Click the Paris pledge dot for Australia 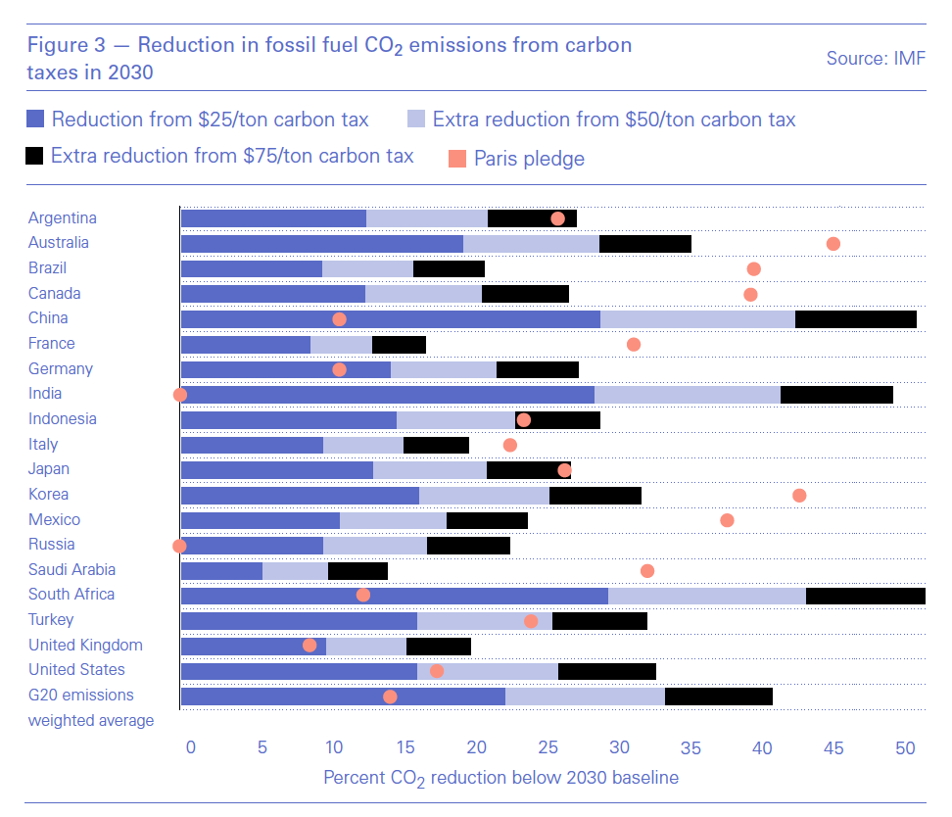click(x=833, y=244)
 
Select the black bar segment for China click(x=855, y=318)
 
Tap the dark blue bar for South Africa click(x=394, y=596)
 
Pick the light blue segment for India click(x=687, y=394)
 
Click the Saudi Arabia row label click(x=71, y=569)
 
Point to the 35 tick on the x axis click(x=691, y=747)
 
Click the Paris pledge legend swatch click(x=456, y=158)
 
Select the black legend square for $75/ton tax click(x=35, y=156)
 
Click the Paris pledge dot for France click(x=634, y=345)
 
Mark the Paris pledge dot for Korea click(x=799, y=496)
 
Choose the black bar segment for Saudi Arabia click(x=357, y=570)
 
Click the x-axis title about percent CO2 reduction click(x=500, y=777)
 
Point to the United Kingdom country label click(x=85, y=645)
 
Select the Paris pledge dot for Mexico click(x=727, y=520)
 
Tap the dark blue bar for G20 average click(x=343, y=697)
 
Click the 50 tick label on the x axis click(x=905, y=747)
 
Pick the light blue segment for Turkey click(x=484, y=621)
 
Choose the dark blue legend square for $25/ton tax click(x=35, y=120)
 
